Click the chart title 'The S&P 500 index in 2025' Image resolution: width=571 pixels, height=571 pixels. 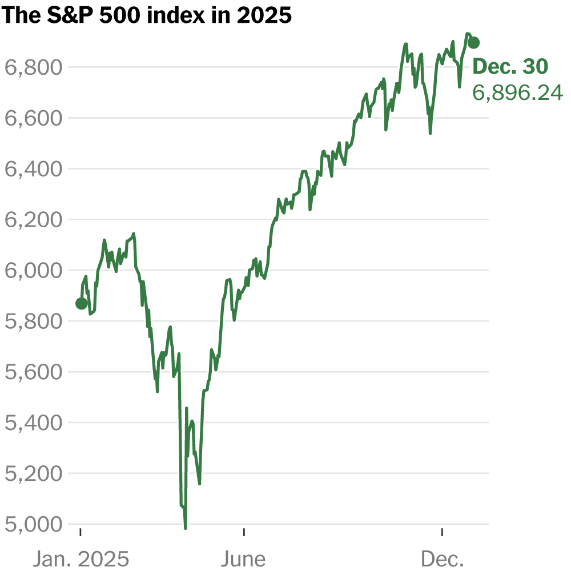pyautogui.click(x=147, y=15)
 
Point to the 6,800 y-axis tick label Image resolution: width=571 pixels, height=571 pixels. pyautogui.click(x=33, y=68)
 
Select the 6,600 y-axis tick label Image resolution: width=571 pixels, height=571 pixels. pyautogui.click(x=33, y=119)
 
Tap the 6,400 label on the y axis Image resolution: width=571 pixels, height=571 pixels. pyautogui.click(x=33, y=170)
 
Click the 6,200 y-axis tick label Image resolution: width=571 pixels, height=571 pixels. pyautogui.click(x=33, y=220)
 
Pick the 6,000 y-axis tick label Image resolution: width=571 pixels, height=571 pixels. pyautogui.click(x=33, y=271)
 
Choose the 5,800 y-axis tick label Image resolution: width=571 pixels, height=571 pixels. pyautogui.click(x=33, y=321)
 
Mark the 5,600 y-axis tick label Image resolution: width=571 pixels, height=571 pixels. pyautogui.click(x=33, y=372)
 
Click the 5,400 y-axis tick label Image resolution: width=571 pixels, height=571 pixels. pyautogui.click(x=33, y=423)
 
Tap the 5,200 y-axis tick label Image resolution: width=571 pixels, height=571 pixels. pyautogui.click(x=33, y=474)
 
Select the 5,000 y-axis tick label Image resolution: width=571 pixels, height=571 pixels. pyautogui.click(x=33, y=525)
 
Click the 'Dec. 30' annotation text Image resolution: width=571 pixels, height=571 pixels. pyautogui.click(x=510, y=67)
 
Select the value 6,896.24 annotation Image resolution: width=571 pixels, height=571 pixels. pyautogui.click(x=517, y=93)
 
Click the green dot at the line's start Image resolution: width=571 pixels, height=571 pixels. pyautogui.click(x=82, y=303)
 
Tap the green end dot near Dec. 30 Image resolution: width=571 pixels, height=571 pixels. pyautogui.click(x=473, y=42)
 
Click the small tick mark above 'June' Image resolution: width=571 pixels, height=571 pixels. pyautogui.click(x=244, y=532)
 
